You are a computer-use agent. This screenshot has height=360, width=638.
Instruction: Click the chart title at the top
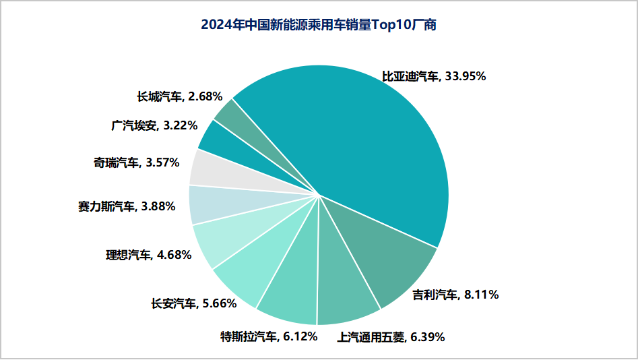point(319,26)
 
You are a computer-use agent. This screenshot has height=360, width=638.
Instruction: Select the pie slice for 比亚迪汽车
point(364,148)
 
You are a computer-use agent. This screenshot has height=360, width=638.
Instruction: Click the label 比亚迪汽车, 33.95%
point(434,77)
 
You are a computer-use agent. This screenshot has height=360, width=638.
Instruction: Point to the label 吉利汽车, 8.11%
point(455,295)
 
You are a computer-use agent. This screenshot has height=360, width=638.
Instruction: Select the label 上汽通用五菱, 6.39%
point(391,337)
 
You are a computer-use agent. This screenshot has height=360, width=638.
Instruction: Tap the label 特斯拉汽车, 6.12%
point(269,336)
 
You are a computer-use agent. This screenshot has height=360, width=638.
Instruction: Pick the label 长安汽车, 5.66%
point(194,303)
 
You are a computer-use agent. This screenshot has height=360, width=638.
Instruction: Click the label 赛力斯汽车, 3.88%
point(127,206)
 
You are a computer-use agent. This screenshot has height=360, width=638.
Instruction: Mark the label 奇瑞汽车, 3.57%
point(137,162)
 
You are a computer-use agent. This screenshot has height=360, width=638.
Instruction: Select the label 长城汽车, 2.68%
point(180,96)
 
